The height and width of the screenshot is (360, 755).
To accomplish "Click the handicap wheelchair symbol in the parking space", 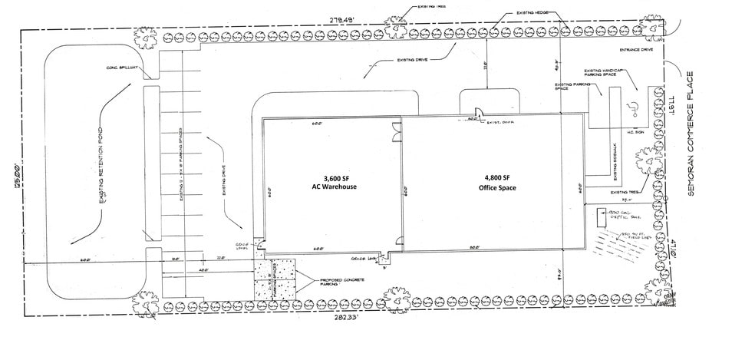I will click(634, 107).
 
